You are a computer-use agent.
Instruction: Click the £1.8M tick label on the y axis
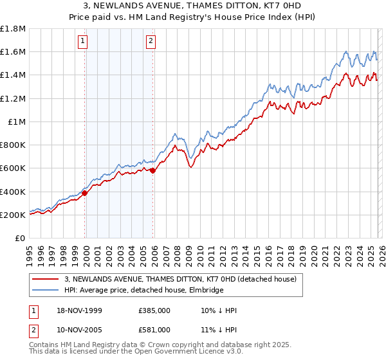tap(13, 29)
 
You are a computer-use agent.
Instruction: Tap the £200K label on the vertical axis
tap(13, 215)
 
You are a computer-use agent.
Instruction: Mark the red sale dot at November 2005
tap(152, 170)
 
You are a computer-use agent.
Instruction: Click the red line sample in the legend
tap(45, 280)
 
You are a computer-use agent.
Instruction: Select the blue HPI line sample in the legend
tap(45, 291)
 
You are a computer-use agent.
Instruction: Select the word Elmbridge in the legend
tap(205, 291)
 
